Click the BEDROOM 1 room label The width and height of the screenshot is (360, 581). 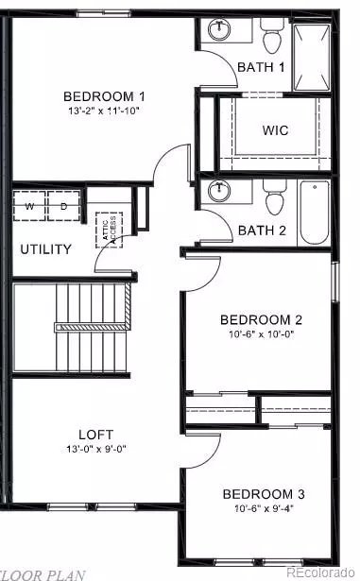104,96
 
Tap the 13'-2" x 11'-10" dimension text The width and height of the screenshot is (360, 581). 104,111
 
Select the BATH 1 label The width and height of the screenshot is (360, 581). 261,67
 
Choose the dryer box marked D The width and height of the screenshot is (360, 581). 62,205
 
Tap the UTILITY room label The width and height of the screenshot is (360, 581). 45,249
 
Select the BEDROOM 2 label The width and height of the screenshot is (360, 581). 261,319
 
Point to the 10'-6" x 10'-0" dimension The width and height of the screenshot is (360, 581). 261,334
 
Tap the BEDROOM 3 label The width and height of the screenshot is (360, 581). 263,494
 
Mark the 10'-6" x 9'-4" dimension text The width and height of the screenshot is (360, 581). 263,510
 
